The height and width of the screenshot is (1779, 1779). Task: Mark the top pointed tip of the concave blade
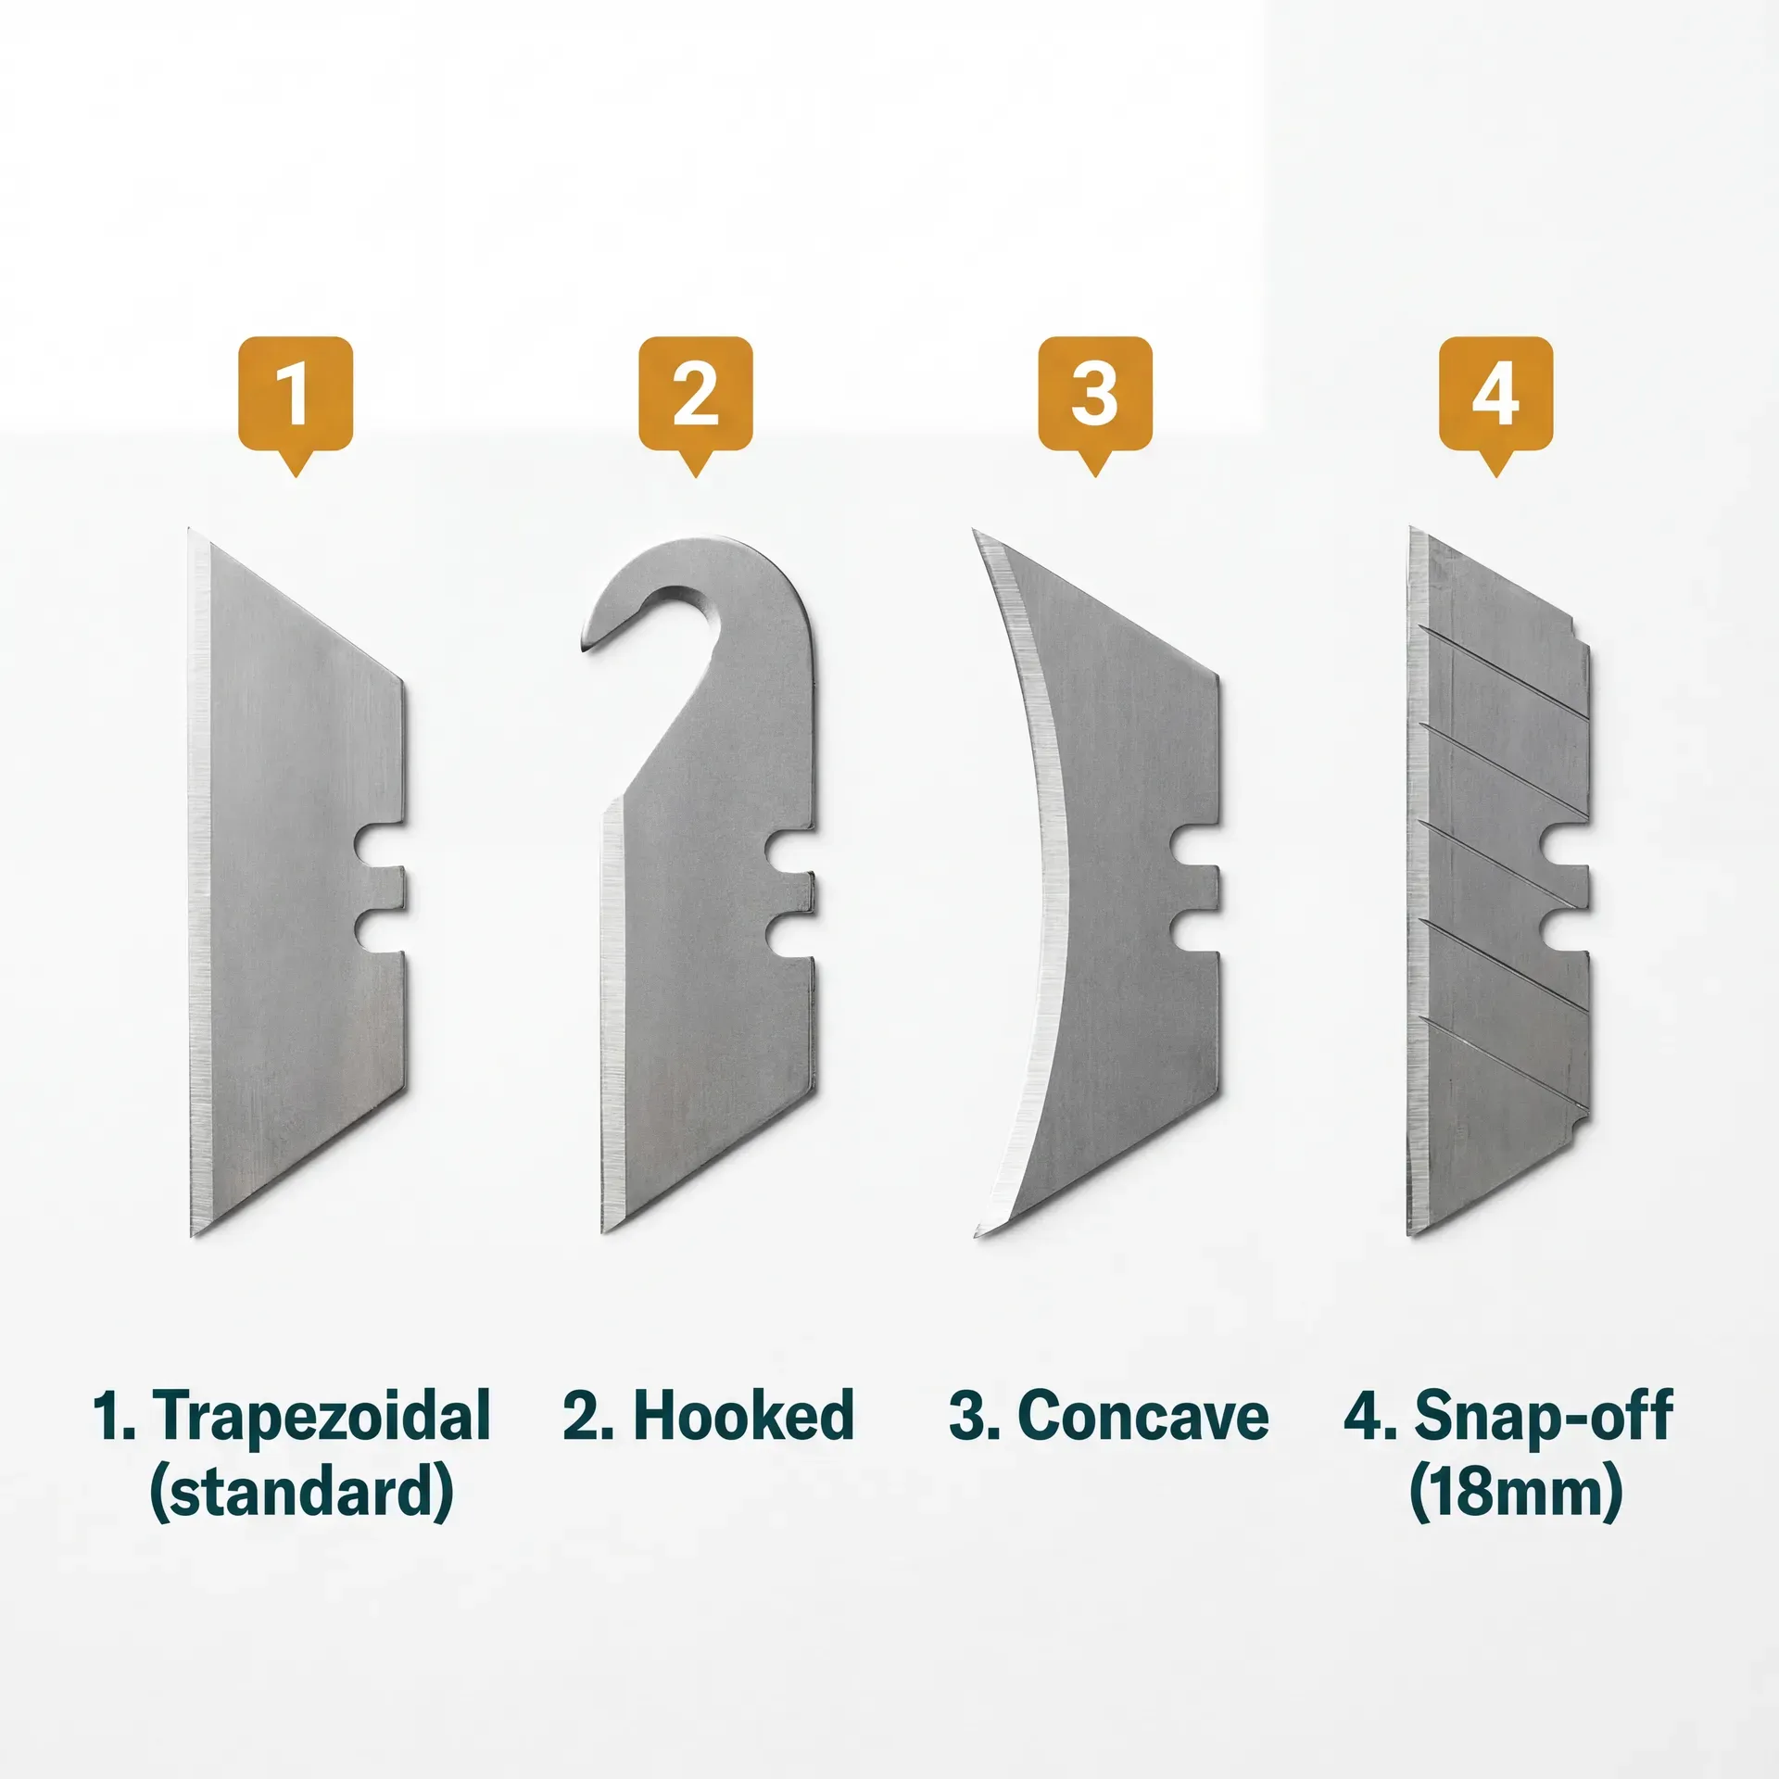click(x=976, y=533)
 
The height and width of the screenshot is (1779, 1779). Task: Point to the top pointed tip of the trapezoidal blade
click(x=191, y=532)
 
